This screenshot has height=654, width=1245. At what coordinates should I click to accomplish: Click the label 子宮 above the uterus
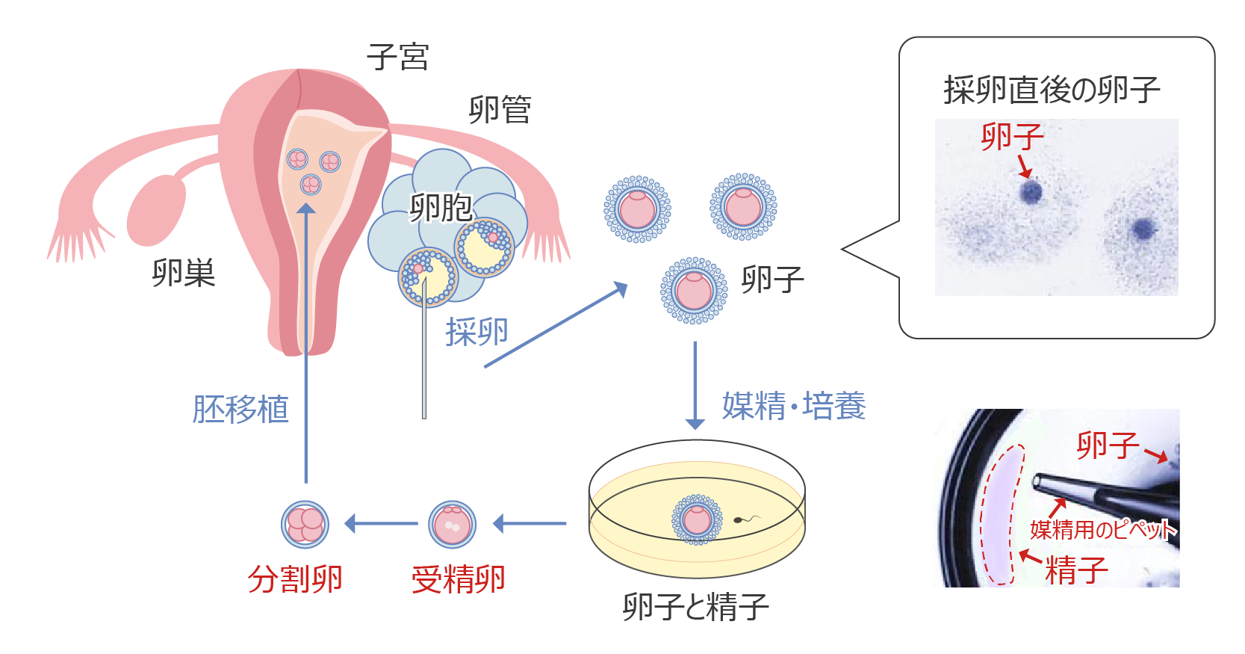(x=397, y=58)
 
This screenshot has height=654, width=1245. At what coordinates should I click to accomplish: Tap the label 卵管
(x=500, y=110)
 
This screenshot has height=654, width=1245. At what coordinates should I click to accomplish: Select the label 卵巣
(x=183, y=273)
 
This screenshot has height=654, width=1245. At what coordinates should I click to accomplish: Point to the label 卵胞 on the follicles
(x=441, y=207)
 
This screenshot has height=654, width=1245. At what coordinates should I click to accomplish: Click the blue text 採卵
(x=476, y=332)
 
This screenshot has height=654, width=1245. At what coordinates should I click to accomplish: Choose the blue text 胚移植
(x=240, y=410)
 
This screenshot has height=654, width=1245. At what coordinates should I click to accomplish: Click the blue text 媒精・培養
(x=793, y=407)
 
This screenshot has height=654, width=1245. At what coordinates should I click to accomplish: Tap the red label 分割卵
(x=295, y=579)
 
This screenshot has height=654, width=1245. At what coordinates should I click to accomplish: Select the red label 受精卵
(x=458, y=579)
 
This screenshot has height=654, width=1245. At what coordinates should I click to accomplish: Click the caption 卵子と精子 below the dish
(x=695, y=607)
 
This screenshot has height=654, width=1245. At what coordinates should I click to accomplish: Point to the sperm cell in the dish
(x=741, y=519)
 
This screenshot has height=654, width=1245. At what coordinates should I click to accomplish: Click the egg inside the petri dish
(x=697, y=519)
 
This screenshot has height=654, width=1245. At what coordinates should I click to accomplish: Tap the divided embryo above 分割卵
(x=305, y=524)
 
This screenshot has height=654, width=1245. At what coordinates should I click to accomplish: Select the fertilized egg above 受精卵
(x=452, y=524)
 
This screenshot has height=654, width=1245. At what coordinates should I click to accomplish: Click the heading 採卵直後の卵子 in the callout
(x=1051, y=90)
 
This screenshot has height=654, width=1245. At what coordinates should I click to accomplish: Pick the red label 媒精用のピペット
(x=1102, y=530)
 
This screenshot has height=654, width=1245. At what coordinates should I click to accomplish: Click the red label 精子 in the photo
(x=1075, y=570)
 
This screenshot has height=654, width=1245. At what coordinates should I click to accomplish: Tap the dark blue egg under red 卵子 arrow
(x=1031, y=192)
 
